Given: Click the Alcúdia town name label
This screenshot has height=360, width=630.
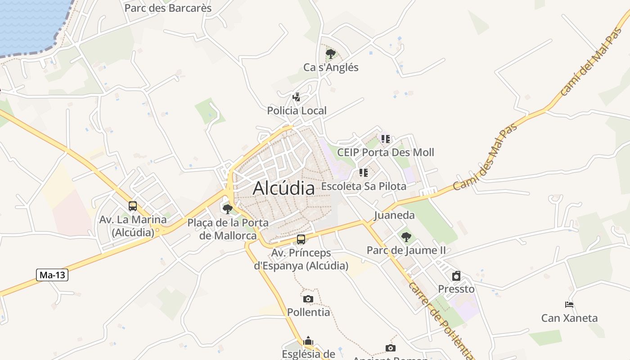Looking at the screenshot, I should [x=283, y=188].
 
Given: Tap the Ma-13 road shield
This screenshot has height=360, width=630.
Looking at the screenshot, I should [x=52, y=275].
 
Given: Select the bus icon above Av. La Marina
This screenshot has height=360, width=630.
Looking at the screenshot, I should [x=133, y=206].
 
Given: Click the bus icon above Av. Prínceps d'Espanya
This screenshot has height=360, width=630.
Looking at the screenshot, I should [x=301, y=239].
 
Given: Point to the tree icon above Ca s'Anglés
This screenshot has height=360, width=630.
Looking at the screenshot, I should [x=331, y=54].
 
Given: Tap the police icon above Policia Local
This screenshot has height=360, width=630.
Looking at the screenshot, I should [x=297, y=97].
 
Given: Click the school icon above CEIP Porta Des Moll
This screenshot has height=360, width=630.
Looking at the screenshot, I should [x=386, y=139].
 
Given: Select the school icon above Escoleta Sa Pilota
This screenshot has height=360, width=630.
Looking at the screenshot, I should [x=364, y=173].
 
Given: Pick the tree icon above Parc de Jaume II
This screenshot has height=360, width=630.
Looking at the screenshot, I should [x=406, y=237].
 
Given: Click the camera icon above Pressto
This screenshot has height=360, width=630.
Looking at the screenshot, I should [x=456, y=276].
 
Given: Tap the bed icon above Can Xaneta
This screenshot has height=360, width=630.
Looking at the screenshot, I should [x=569, y=305].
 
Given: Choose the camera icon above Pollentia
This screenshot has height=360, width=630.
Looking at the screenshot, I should [x=308, y=299].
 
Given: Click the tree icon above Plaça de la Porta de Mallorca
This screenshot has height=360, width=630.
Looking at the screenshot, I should [x=228, y=209].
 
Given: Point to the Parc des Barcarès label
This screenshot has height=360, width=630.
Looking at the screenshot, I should [x=168, y=8].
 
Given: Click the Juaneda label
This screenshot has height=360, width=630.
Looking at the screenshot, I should [x=394, y=215].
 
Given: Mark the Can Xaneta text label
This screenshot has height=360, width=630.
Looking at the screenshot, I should [x=569, y=318].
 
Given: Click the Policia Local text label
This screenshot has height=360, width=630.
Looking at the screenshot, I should [x=297, y=110].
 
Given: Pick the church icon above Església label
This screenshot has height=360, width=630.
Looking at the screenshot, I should [x=308, y=341].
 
